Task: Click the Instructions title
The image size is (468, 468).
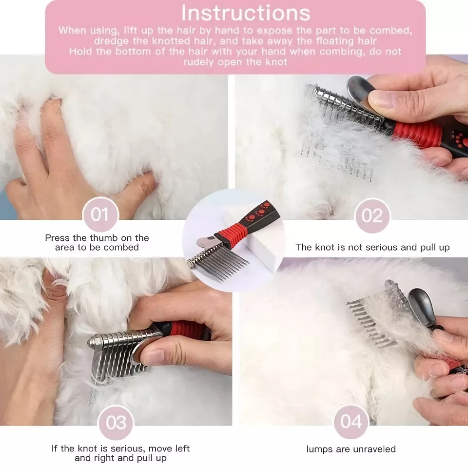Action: tap(246, 13)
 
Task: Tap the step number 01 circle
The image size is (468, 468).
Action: tap(100, 214)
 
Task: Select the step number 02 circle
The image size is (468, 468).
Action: tap(372, 215)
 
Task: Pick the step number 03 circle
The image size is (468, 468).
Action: tap(116, 423)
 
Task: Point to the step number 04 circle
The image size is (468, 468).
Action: tap(351, 422)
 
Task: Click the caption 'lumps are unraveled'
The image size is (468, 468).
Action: tap(351, 449)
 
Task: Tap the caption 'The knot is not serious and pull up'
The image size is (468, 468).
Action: tap(372, 248)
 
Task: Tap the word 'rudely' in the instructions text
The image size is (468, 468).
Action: tap(199, 62)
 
